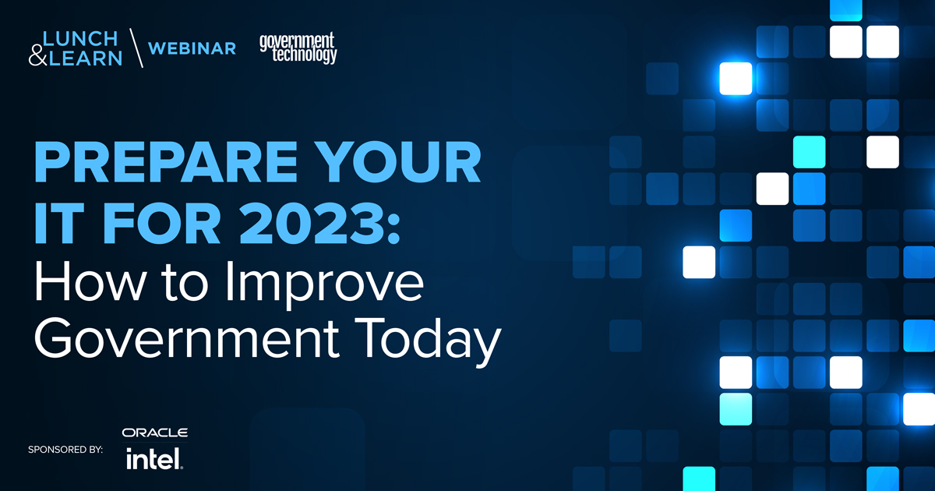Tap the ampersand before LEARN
click(37, 57)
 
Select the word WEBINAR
click(192, 48)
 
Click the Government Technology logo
click(298, 48)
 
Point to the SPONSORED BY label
click(65, 450)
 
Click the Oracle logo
click(154, 433)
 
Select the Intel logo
click(154, 458)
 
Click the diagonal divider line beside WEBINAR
click(135, 48)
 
